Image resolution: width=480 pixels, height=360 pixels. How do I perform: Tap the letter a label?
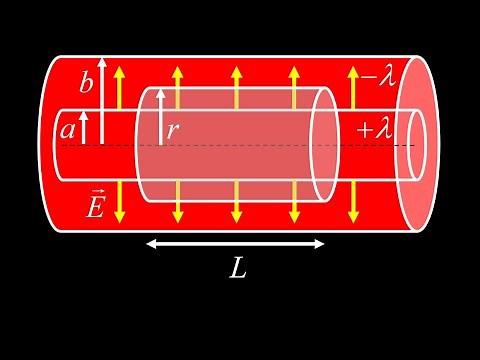click(67, 128)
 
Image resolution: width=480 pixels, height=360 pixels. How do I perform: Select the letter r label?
click(173, 129)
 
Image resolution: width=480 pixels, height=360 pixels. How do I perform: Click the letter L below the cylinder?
click(236, 268)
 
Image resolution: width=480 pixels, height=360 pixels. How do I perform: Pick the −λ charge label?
click(381, 76)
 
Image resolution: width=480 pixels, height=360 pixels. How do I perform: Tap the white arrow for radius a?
click(84, 128)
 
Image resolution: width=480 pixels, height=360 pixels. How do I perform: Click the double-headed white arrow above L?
click(236, 242)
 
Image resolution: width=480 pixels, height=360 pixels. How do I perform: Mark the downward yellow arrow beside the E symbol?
click(120, 202)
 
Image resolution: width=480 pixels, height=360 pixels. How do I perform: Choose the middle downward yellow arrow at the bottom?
click(236, 202)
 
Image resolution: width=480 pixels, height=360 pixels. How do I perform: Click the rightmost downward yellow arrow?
click(351, 202)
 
